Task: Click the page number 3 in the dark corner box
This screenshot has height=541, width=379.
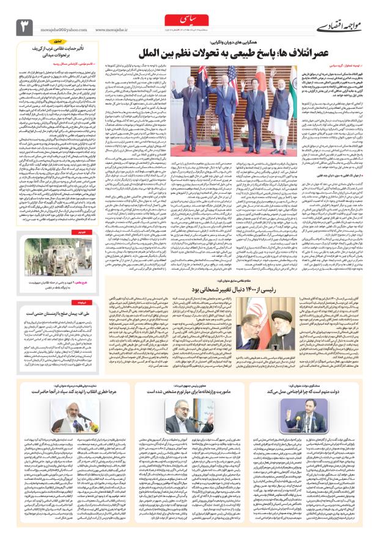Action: click(26, 25)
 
